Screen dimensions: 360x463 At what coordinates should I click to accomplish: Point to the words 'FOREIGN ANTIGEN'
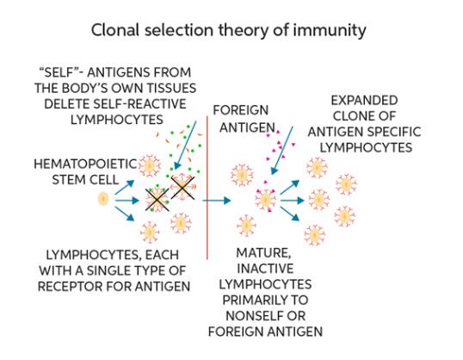[243, 118]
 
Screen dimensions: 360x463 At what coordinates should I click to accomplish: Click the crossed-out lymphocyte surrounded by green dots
[156, 199]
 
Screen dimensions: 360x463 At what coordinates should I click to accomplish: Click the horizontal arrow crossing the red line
[218, 201]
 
